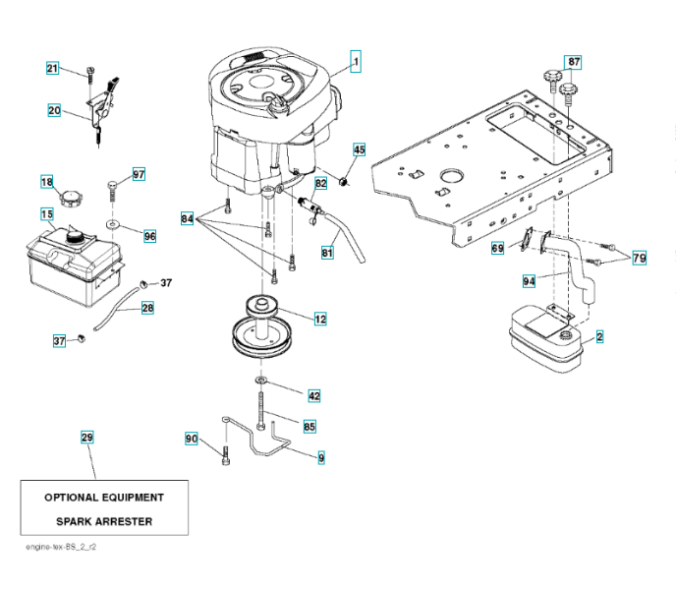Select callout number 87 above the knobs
pyautogui.click(x=574, y=62)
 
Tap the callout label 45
pyautogui.click(x=359, y=149)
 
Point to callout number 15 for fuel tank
pyautogui.click(x=46, y=213)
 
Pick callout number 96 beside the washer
pyautogui.click(x=149, y=236)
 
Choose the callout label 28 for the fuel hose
pyautogui.click(x=147, y=308)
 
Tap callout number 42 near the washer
pyautogui.click(x=314, y=395)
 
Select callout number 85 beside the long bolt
pyautogui.click(x=310, y=427)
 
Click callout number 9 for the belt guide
pyautogui.click(x=321, y=457)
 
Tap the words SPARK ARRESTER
pyautogui.click(x=104, y=521)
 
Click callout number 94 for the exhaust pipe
pyautogui.click(x=530, y=281)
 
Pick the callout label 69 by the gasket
pyautogui.click(x=498, y=249)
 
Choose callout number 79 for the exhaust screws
pyautogui.click(x=640, y=258)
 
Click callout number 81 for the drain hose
pyautogui.click(x=327, y=253)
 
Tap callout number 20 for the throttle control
pyautogui.click(x=54, y=110)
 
